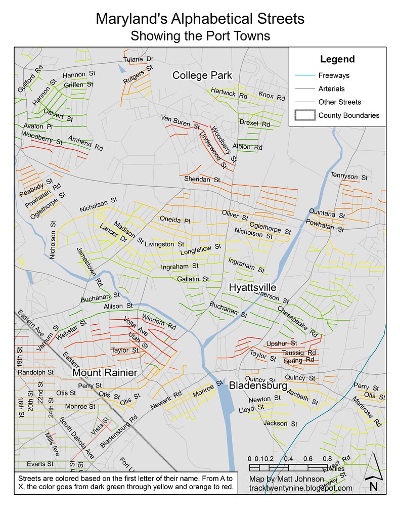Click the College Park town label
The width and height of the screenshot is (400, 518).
[202, 75]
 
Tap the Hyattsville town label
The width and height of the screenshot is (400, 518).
[252, 287]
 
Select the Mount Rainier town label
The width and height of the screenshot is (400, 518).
[105, 373]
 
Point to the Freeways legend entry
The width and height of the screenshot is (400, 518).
[334, 75]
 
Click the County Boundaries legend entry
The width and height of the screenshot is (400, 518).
[348, 115]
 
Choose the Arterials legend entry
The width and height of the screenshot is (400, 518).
[332, 89]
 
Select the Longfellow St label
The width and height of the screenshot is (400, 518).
[201, 248]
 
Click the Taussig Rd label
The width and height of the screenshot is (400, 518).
[299, 353]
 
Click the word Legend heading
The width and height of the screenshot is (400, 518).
[337, 59]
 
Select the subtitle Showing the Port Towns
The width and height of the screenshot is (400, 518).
[200, 36]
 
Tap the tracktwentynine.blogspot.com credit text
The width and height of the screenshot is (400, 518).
[300, 488]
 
